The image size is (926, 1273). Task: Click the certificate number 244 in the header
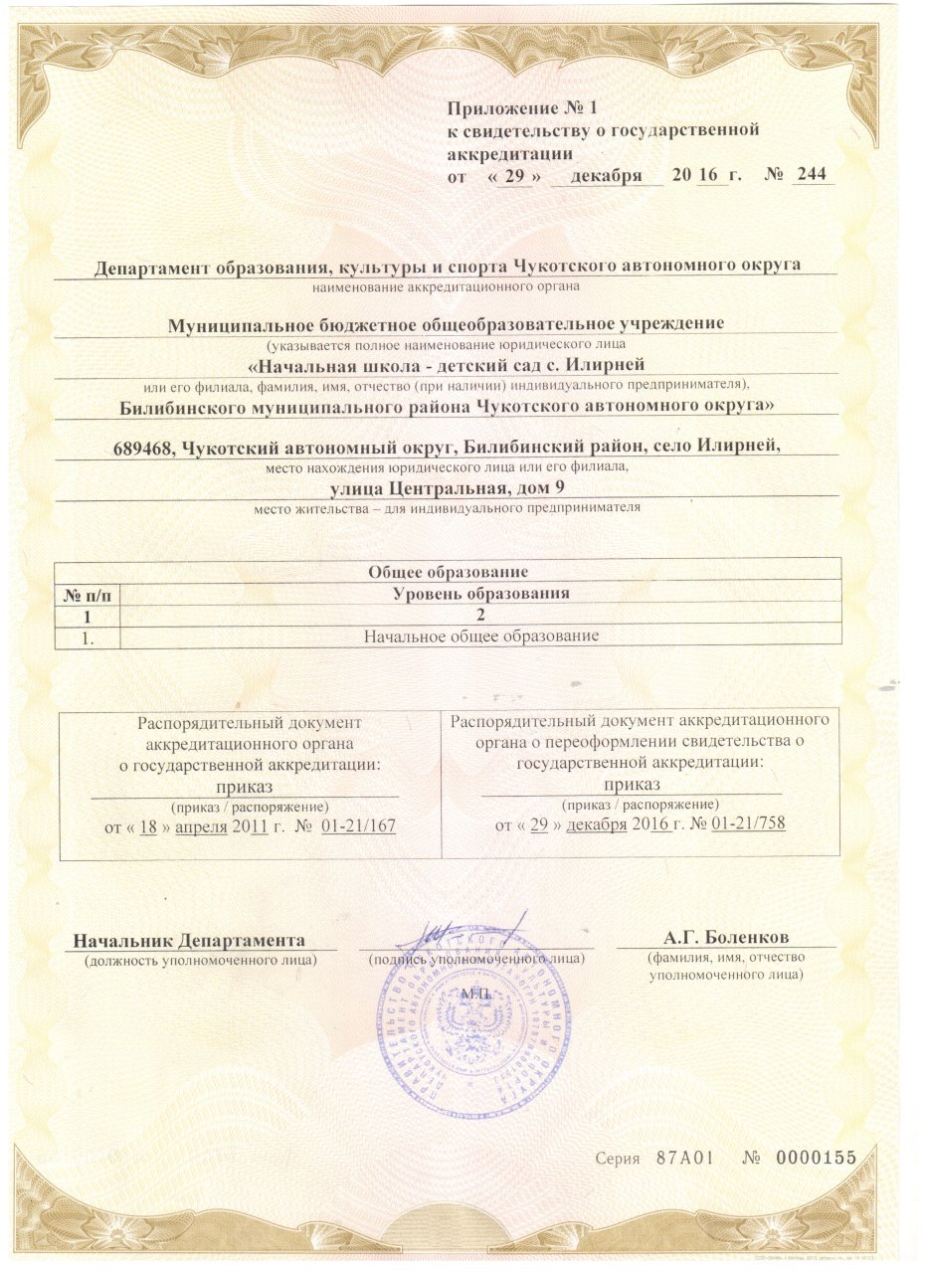(x=810, y=175)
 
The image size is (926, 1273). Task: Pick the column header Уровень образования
(x=480, y=594)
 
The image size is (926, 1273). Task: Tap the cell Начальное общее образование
(x=480, y=636)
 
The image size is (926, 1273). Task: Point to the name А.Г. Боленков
(x=726, y=938)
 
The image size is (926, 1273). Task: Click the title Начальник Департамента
(x=189, y=940)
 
